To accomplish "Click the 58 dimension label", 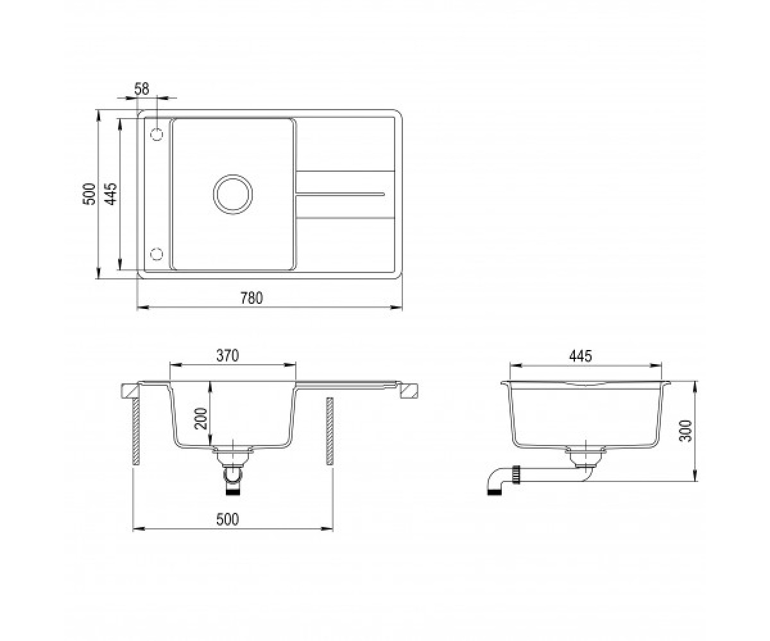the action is tap(142, 89).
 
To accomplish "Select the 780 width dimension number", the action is tap(252, 298).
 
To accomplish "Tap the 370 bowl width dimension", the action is tap(228, 356).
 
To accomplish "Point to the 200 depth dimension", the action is tap(201, 419).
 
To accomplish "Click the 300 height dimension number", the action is tap(686, 431).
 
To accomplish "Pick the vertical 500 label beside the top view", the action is tap(89, 194).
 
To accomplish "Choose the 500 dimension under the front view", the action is tap(228, 519).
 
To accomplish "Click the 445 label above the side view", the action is tap(581, 356).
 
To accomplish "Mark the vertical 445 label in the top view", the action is tap(110, 194).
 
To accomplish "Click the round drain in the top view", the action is tap(233, 194).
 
